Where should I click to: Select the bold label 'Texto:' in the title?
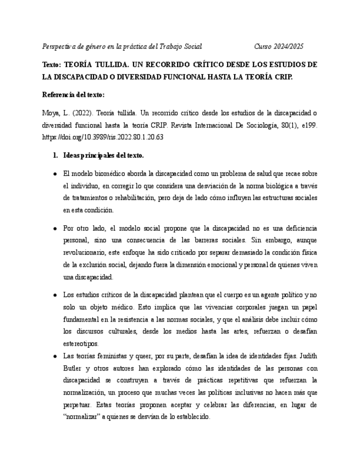53,64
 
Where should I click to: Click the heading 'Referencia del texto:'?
73,95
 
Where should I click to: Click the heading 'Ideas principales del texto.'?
104,156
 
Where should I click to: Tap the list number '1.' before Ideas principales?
56,156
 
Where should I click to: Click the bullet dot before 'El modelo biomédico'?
55,173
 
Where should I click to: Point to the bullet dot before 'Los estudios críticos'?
55,295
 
